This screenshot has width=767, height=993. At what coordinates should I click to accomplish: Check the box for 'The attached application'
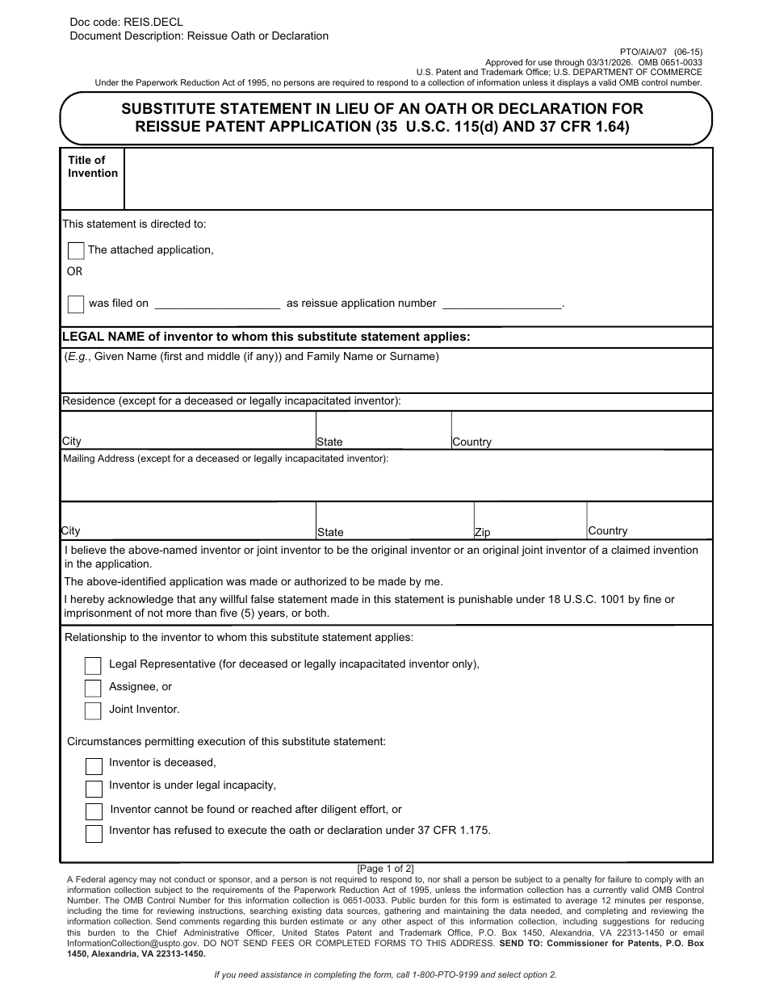(x=76, y=251)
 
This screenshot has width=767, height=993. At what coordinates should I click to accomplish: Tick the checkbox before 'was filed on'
(x=76, y=304)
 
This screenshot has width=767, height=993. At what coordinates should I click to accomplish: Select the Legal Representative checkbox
(x=93, y=665)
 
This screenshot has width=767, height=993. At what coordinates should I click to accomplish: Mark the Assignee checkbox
(x=93, y=688)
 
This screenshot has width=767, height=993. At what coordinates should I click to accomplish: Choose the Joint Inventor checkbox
(x=93, y=710)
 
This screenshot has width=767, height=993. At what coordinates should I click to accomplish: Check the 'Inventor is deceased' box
(x=94, y=765)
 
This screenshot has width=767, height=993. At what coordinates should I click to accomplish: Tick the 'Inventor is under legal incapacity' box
(x=94, y=788)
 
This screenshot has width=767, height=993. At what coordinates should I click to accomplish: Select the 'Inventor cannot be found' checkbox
(x=94, y=811)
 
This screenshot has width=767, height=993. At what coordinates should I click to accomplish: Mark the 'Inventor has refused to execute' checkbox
(x=94, y=833)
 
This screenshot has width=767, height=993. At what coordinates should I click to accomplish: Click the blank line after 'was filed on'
(x=216, y=304)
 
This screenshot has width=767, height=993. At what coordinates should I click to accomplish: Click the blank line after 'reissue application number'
(x=502, y=304)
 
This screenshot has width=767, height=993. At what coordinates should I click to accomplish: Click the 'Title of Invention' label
(x=93, y=166)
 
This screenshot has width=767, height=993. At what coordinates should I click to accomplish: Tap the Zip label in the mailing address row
(x=482, y=533)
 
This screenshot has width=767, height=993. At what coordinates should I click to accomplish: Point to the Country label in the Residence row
(x=472, y=442)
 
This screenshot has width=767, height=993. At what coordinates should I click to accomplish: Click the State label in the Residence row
(x=329, y=442)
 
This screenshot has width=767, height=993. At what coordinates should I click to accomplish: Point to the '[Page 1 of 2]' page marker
(x=386, y=869)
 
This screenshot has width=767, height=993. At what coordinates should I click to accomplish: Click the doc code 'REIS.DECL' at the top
(x=153, y=23)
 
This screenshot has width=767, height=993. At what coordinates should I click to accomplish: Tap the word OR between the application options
(x=74, y=272)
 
